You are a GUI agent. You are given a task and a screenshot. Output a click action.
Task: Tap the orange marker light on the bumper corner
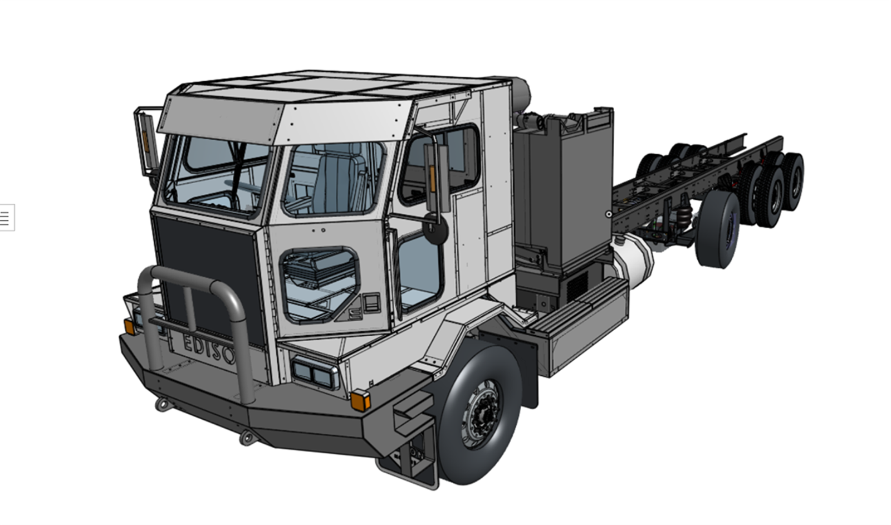click(360, 400)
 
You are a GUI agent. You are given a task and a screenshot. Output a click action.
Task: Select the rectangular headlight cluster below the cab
click(315, 372)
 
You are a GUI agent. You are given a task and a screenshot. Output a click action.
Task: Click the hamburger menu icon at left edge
click(5, 217)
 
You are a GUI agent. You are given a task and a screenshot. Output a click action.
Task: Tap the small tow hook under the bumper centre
click(246, 438)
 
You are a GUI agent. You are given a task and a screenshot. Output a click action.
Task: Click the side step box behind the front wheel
click(585, 323)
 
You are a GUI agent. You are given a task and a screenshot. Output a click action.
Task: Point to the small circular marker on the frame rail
click(609, 214)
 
